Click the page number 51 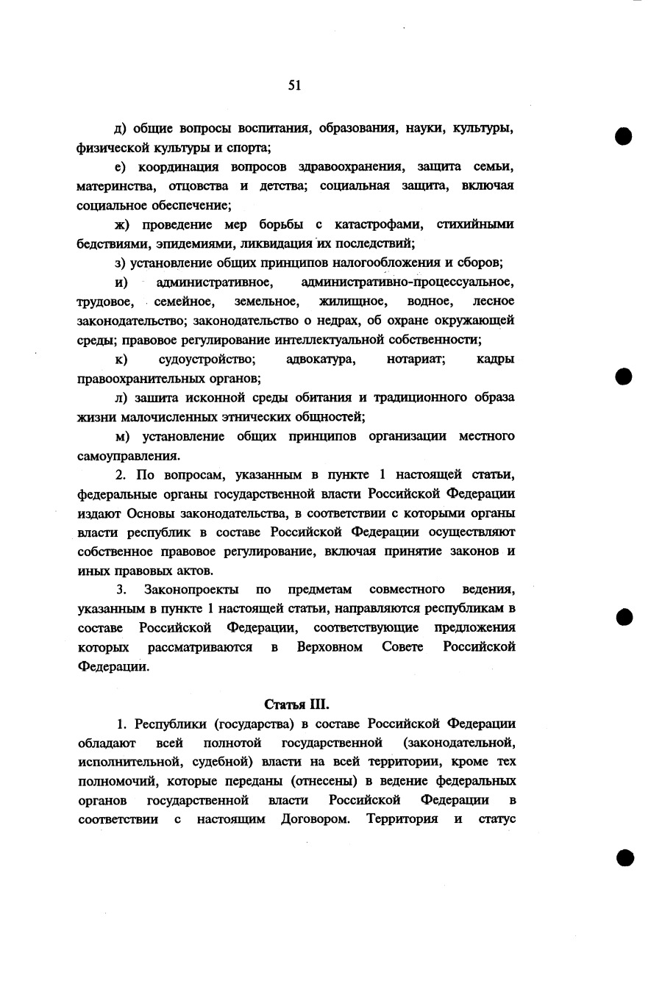(294, 85)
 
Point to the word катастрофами (378, 224)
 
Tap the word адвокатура (321, 360)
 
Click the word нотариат (416, 360)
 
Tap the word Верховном (330, 647)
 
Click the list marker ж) (122, 224)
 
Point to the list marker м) (122, 437)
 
